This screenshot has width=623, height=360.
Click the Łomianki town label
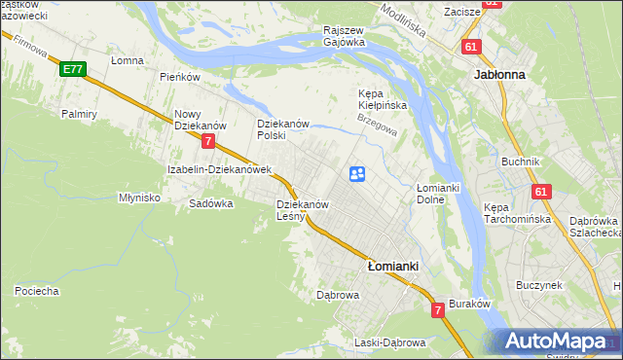pos(392,265)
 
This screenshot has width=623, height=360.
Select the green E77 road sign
pos(72,69)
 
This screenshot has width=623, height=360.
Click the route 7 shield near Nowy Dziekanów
pos(208,141)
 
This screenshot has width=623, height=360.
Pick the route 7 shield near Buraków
pos(438,310)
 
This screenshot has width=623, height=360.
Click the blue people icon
pos(357,173)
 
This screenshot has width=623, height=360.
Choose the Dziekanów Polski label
pos(283,129)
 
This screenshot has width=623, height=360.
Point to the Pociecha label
pos(37,290)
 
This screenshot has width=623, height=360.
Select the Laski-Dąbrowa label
pos(389,342)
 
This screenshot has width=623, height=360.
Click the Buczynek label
pos(541,285)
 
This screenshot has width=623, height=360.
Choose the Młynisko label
pos(138,197)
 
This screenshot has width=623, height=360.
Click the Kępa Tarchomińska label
pos(518,213)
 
